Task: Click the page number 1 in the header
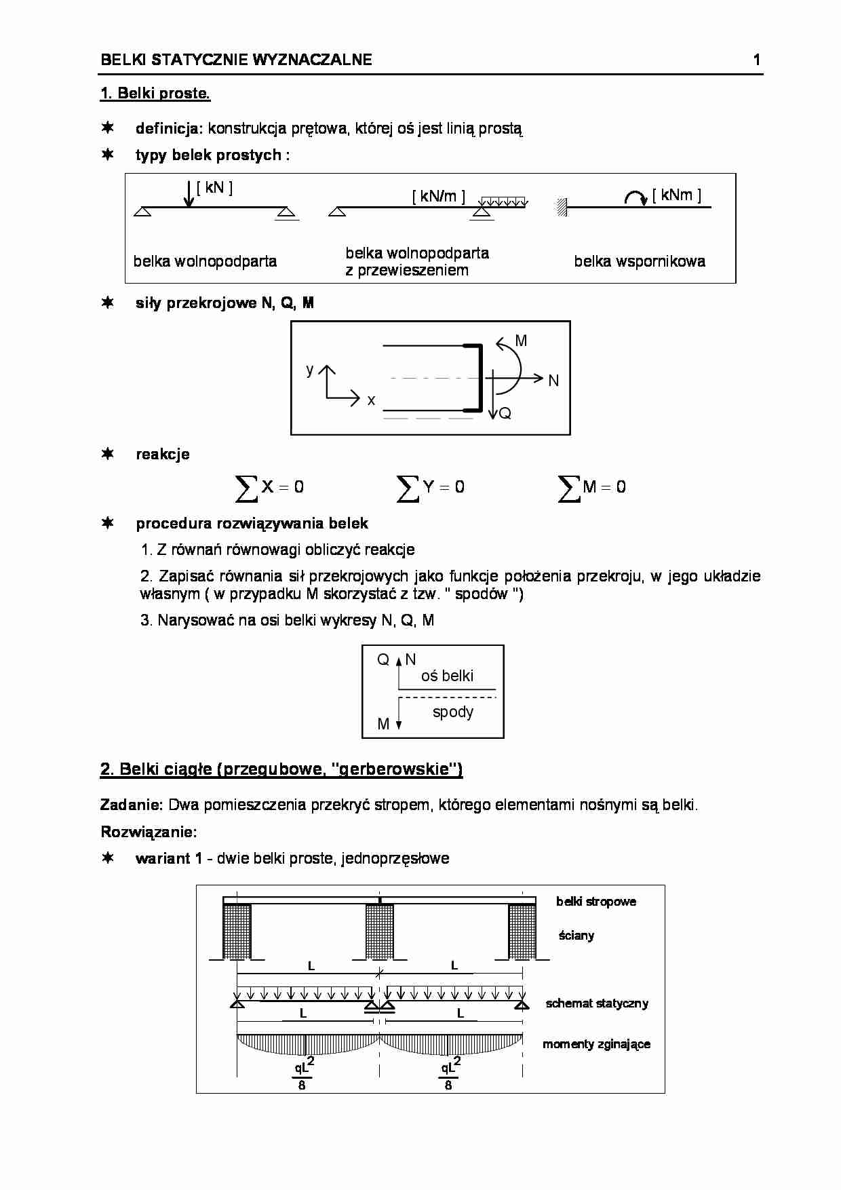click(756, 60)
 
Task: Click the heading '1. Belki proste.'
click(155, 94)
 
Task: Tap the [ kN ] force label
click(214, 188)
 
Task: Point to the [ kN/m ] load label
click(439, 197)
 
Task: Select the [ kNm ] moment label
click(676, 195)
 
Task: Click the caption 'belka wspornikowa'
click(639, 261)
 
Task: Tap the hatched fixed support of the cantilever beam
click(562, 207)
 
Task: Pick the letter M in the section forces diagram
click(521, 341)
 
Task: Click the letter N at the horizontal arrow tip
click(553, 381)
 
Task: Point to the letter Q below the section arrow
click(505, 413)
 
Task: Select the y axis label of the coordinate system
click(310, 370)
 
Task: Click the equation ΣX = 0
click(269, 487)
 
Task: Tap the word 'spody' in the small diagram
click(453, 712)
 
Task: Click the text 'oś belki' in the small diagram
click(447, 676)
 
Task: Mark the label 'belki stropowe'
click(596, 902)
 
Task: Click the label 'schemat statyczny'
click(597, 1003)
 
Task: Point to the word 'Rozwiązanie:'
click(149, 832)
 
